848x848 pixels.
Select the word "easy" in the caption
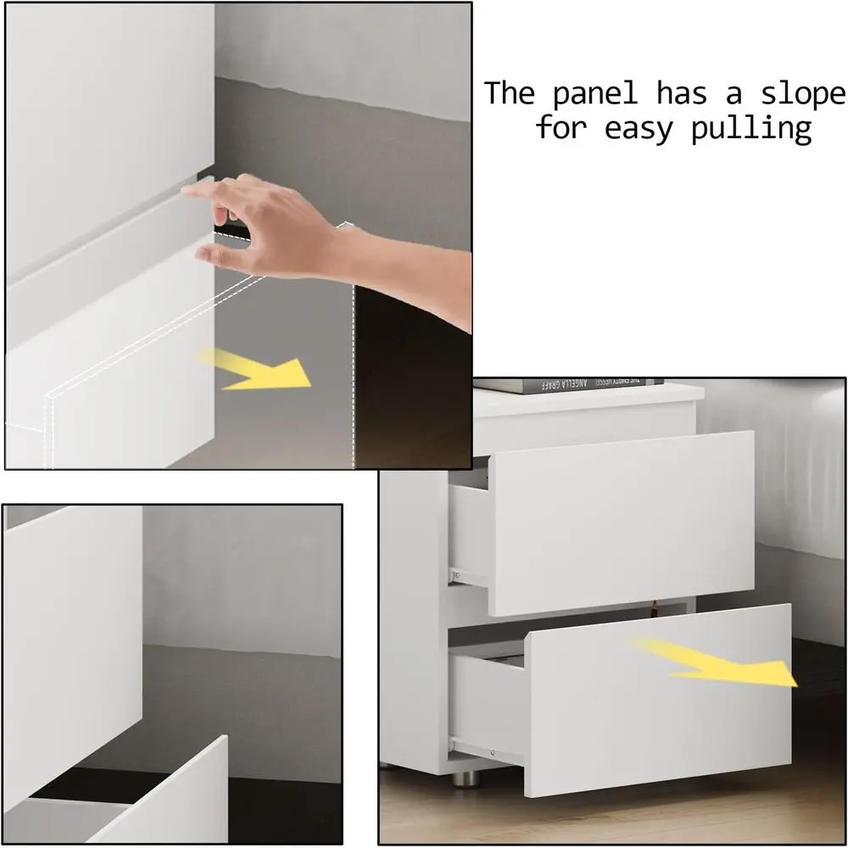point(653,130)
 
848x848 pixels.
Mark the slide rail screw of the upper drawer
point(456,576)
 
